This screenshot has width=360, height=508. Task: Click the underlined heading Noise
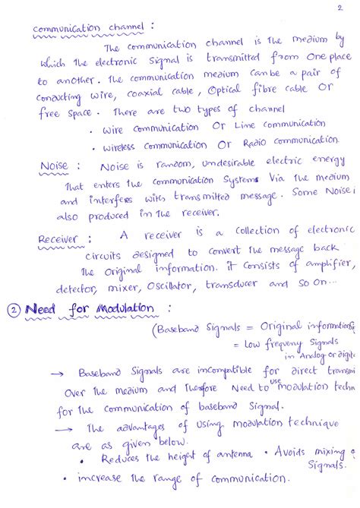point(54,166)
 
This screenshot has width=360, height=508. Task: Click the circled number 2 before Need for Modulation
point(13,310)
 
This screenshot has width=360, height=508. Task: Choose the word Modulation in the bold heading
point(123,308)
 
